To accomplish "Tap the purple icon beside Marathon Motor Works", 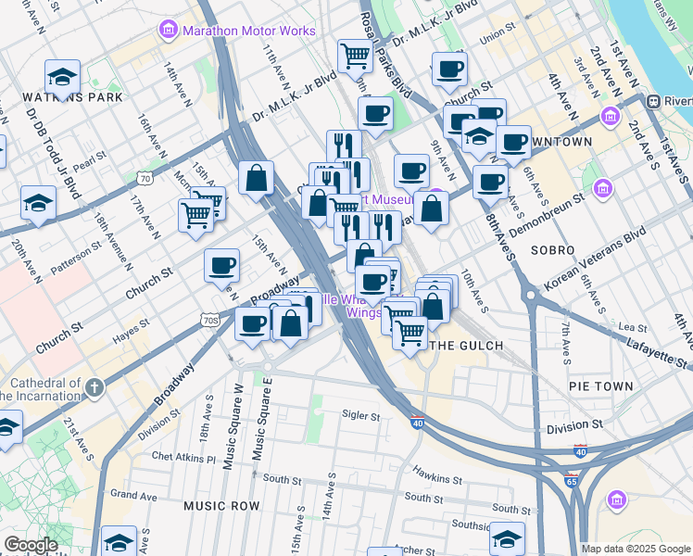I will coord(168,31).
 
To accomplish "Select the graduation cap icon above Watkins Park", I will coord(62,76).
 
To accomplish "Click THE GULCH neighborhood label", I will coord(468,346).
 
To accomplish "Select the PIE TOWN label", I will coord(601,385).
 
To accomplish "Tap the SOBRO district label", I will coord(553,251).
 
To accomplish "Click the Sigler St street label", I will coord(361,417).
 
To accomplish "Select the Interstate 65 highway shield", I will coord(571,481).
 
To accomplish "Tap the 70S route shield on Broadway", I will coord(210,321).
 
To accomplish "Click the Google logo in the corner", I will coord(31,545).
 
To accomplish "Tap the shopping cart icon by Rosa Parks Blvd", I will coord(355,56).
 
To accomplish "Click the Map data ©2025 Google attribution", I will coord(635,549).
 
